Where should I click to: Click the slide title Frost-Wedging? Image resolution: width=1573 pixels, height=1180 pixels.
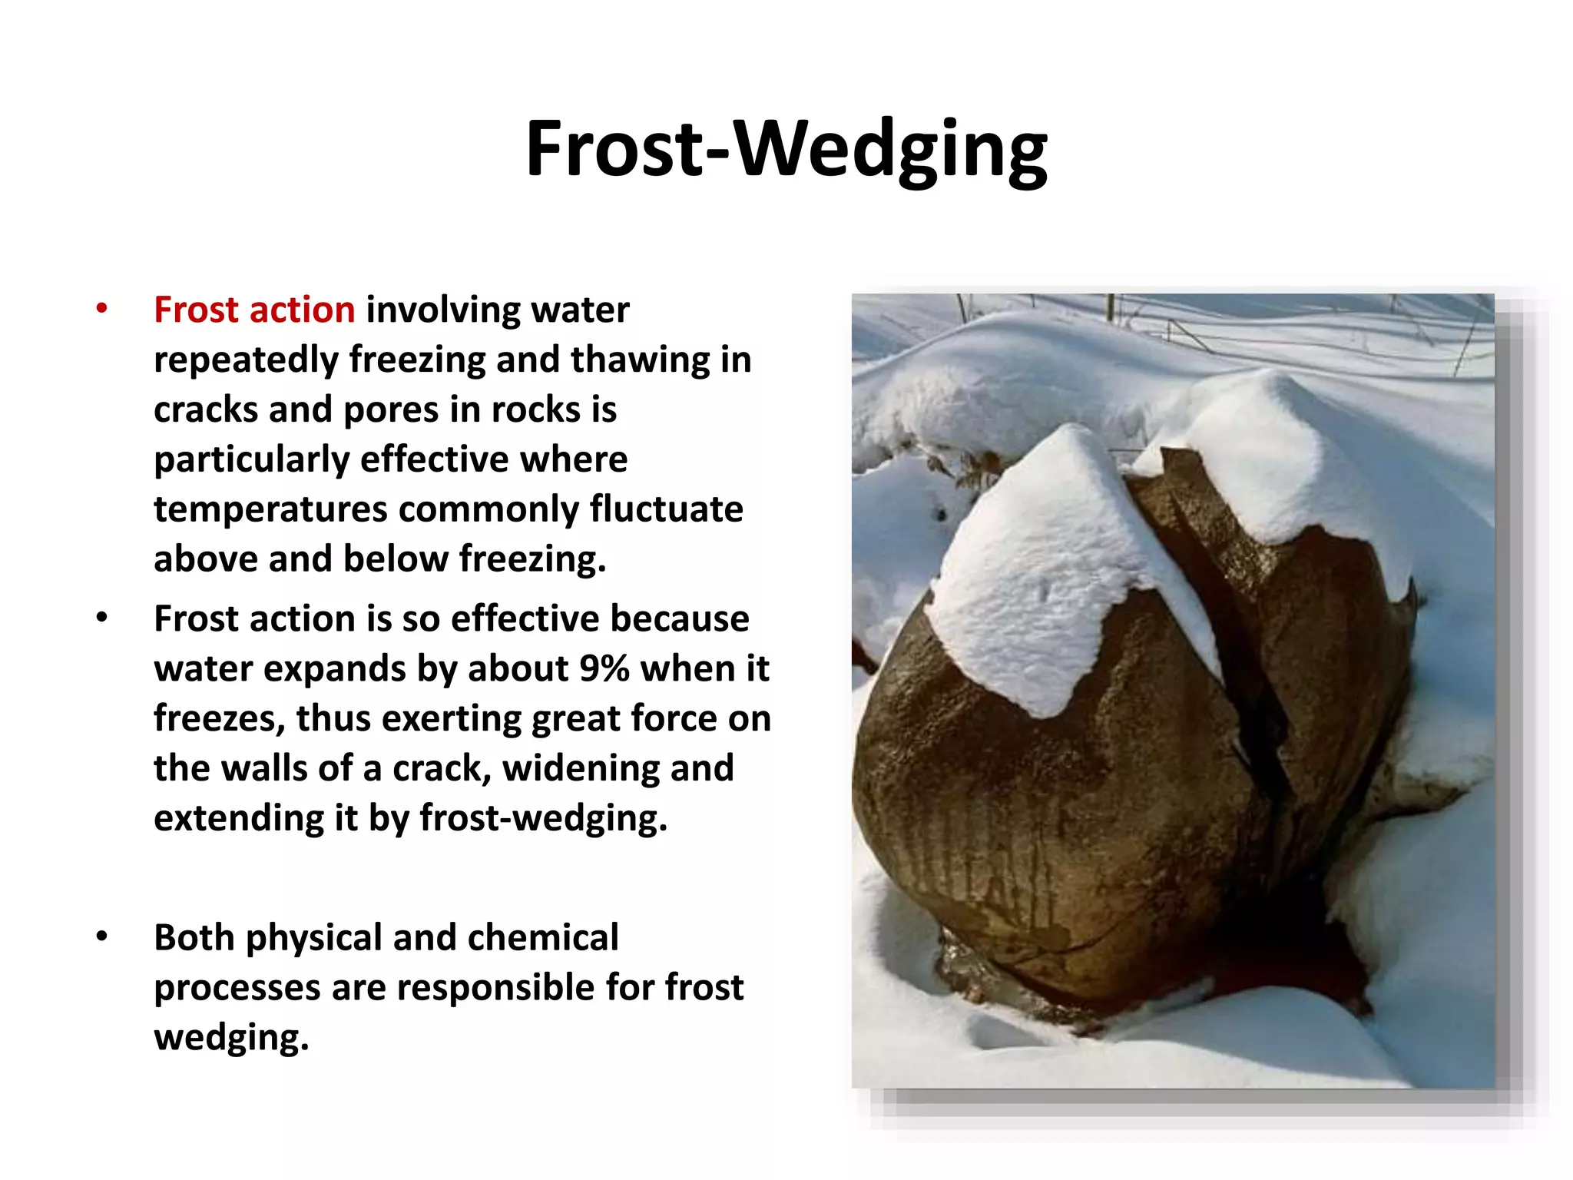(786, 150)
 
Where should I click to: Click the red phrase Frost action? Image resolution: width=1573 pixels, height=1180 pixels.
(254, 310)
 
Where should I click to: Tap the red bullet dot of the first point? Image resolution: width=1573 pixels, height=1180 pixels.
(101, 310)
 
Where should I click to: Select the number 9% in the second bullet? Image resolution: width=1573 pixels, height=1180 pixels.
(604, 668)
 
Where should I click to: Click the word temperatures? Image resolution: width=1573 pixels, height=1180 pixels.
(270, 509)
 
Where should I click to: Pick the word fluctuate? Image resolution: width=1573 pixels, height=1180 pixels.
(666, 509)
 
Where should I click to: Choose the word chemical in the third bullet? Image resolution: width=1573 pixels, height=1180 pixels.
(542, 938)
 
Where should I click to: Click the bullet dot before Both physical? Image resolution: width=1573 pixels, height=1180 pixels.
(101, 937)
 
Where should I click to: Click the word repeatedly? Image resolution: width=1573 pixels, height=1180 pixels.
(246, 360)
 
